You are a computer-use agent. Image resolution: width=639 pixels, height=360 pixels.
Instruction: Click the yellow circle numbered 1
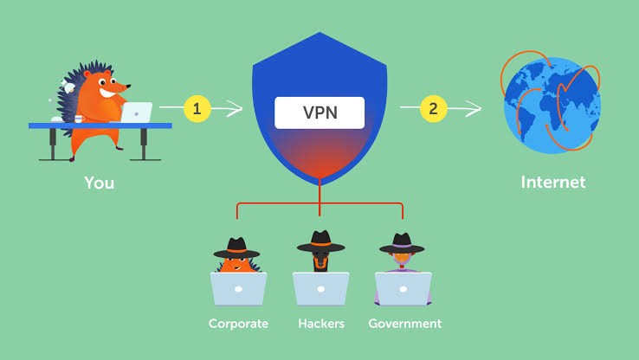[x=197, y=109]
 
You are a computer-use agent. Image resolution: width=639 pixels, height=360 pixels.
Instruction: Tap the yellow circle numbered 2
[x=433, y=109]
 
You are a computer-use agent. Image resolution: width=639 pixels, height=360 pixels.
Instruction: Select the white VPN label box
[x=319, y=112]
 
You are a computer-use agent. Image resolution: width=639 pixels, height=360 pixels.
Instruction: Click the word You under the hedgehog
[x=99, y=183]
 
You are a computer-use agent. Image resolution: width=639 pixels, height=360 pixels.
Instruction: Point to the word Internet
[x=553, y=182]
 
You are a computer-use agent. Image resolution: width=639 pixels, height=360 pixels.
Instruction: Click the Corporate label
[x=238, y=324]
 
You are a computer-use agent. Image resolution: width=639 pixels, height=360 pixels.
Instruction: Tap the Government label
[x=404, y=324]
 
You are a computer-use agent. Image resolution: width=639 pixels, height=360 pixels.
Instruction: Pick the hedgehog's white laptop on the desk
[x=136, y=112]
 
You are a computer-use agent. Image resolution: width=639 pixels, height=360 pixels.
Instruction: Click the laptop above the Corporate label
[x=238, y=288]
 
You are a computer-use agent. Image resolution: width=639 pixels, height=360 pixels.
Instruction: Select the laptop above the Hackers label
[x=320, y=288]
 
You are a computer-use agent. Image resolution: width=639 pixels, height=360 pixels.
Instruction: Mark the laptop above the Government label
[x=403, y=288]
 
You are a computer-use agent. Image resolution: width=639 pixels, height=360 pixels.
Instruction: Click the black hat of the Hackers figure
[x=320, y=241]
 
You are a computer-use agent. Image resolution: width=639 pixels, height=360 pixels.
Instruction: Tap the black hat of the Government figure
[x=402, y=243]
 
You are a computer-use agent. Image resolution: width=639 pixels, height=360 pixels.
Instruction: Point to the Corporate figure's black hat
[x=236, y=247]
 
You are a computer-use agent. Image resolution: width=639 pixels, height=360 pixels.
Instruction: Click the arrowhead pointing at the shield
[x=237, y=109]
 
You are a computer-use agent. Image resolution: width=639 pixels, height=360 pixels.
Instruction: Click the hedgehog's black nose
[x=131, y=86]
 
